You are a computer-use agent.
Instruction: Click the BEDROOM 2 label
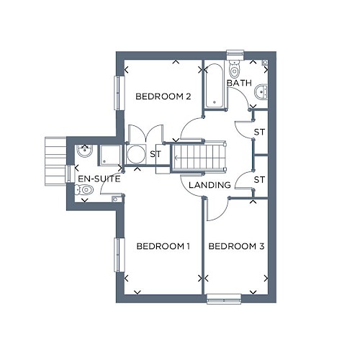(x=163, y=96)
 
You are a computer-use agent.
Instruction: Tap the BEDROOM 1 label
(x=163, y=246)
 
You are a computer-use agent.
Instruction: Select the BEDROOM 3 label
(x=236, y=246)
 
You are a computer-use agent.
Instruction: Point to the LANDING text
(x=210, y=185)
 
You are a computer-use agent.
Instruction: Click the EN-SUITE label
(x=99, y=179)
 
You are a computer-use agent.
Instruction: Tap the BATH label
(x=239, y=83)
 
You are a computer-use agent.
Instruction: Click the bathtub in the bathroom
(x=215, y=86)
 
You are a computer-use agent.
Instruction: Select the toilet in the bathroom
(x=234, y=68)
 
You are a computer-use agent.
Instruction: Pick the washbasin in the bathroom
(x=261, y=91)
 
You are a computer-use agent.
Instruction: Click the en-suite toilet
(x=84, y=190)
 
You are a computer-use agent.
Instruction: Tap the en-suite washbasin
(x=84, y=151)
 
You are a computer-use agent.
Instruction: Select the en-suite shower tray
(x=110, y=155)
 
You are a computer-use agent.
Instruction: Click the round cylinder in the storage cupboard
(x=136, y=154)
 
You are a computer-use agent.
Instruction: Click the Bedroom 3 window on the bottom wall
(x=224, y=300)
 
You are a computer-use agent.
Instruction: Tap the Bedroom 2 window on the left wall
(x=120, y=93)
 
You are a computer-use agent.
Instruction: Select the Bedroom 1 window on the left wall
(x=120, y=255)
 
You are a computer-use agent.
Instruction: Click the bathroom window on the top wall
(x=235, y=55)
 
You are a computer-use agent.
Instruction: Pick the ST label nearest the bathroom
(x=259, y=132)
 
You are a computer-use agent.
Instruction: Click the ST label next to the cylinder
(x=156, y=154)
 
